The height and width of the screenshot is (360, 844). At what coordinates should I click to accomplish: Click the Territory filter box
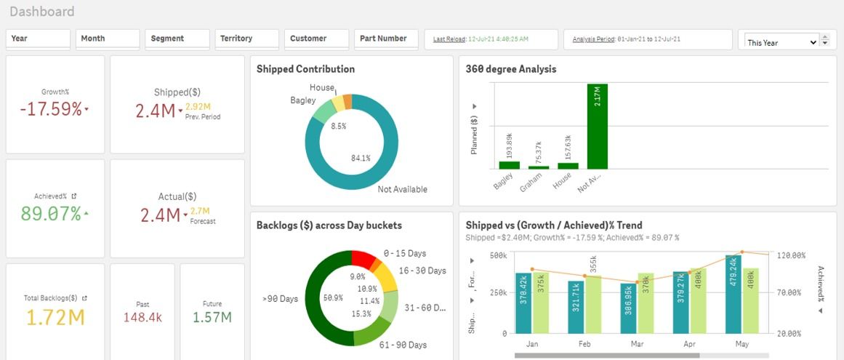(246, 39)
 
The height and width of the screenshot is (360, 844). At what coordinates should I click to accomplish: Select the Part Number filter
(386, 39)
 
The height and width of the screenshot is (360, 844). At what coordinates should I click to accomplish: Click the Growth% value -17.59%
(51, 110)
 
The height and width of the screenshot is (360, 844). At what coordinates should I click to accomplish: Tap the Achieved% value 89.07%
(51, 214)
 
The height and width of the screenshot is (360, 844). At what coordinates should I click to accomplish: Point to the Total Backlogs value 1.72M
(55, 317)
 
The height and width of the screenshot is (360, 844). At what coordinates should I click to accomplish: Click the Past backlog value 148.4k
(142, 317)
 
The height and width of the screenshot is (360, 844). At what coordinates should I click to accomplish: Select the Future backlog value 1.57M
(212, 317)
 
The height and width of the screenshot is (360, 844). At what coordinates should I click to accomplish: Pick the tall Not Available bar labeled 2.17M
(597, 126)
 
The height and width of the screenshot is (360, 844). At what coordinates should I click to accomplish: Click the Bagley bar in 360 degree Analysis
(509, 165)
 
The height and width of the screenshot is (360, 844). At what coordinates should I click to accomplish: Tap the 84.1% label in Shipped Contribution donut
(361, 158)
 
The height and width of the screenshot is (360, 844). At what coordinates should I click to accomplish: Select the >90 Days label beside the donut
(280, 299)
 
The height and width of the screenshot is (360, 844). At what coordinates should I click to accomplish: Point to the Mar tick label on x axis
(638, 343)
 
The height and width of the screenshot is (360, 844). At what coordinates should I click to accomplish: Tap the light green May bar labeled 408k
(750, 300)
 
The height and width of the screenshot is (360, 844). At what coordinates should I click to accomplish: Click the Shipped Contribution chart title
(305, 69)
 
